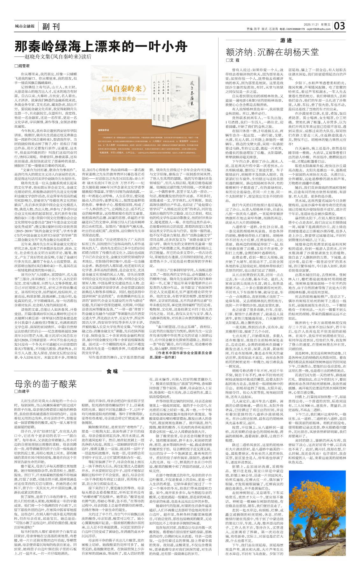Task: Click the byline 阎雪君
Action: (x=22, y=66)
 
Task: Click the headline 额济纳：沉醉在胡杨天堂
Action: (x=272, y=52)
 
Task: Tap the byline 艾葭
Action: (x=233, y=60)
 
